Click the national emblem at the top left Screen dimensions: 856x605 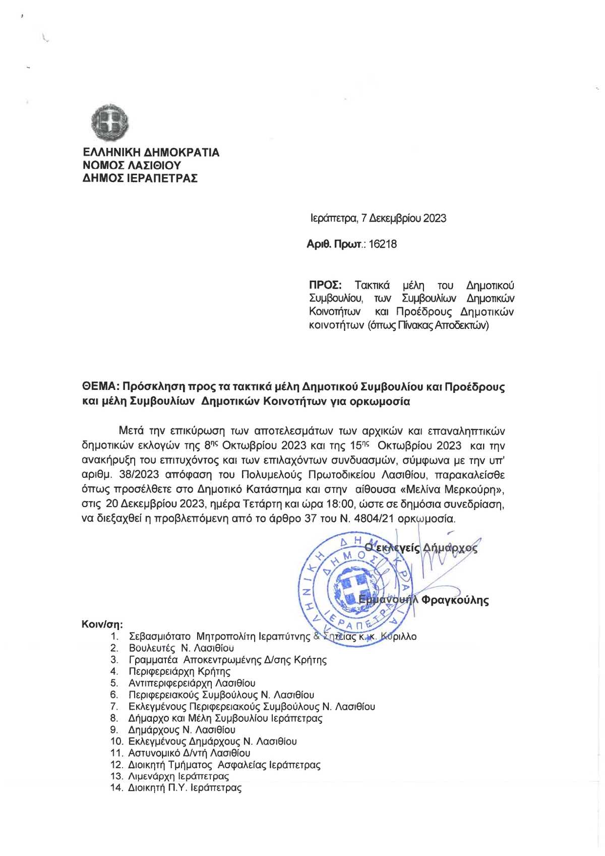[x=110, y=124]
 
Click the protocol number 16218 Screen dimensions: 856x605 [x=383, y=245]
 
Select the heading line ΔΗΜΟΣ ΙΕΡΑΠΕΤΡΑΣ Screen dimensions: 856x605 [x=140, y=178]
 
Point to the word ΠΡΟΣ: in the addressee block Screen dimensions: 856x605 [x=325, y=286]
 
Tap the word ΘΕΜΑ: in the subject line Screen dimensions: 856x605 [x=100, y=387]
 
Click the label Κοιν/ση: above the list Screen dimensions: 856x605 [x=102, y=624]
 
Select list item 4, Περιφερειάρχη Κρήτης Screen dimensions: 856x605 [x=179, y=671]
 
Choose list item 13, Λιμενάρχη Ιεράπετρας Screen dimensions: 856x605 [x=178, y=776]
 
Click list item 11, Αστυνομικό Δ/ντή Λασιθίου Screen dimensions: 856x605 [x=189, y=753]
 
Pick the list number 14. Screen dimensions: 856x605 [x=116, y=788]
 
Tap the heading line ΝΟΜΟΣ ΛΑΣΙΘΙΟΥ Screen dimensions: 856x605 [x=132, y=165]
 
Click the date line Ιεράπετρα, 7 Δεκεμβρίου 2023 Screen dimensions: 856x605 [x=378, y=218]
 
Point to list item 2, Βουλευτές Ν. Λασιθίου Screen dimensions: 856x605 [x=181, y=648]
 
